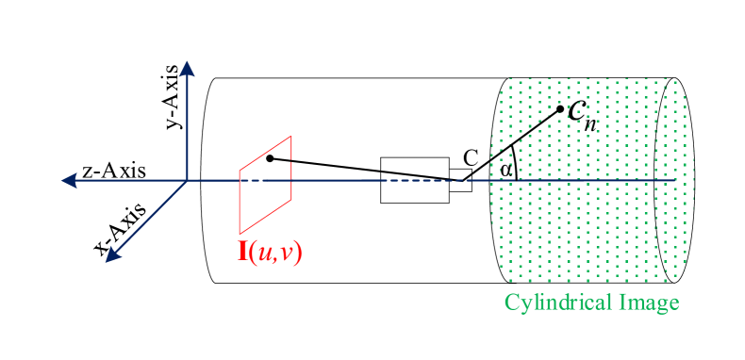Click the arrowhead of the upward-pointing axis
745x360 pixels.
(x=187, y=68)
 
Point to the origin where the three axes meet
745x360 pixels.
(x=188, y=180)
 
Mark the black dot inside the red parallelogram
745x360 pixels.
(x=270, y=157)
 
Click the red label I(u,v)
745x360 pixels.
(x=269, y=252)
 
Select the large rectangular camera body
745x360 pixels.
(x=414, y=179)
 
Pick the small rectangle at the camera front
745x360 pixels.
(x=460, y=180)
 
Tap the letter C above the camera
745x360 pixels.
(x=471, y=157)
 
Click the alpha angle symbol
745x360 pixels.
(x=506, y=170)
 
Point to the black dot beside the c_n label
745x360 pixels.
(x=560, y=108)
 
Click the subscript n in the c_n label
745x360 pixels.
(x=590, y=120)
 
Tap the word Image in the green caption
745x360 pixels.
(x=652, y=303)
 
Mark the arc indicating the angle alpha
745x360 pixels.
(x=514, y=160)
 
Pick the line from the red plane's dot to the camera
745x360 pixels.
(x=358, y=169)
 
